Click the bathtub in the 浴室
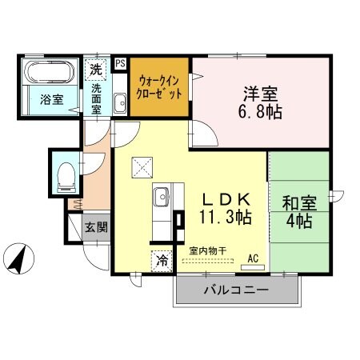click(x=49, y=73)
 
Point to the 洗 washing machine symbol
click(x=95, y=69)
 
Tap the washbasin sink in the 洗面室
click(x=119, y=103)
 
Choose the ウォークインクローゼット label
click(x=160, y=86)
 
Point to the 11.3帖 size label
click(x=226, y=217)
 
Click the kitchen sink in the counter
click(x=160, y=195)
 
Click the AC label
click(x=253, y=258)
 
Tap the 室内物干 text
click(x=207, y=251)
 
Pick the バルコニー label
click(x=235, y=289)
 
